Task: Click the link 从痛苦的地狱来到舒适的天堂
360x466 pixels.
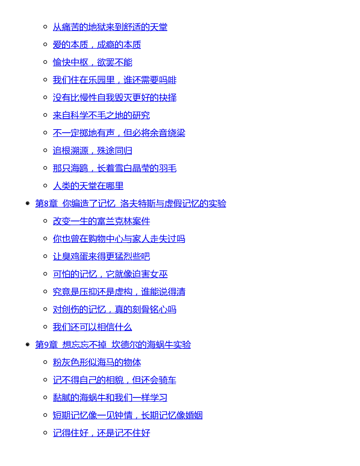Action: coord(110,27)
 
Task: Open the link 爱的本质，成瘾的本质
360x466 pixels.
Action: coord(97,44)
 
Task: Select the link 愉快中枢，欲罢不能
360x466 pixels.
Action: coord(92,62)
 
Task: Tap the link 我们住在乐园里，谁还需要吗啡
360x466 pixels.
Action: coord(114,80)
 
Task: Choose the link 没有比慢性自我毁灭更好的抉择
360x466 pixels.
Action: coord(114,97)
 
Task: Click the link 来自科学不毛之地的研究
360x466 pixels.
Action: coord(101,115)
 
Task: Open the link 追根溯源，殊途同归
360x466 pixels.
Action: coord(92,150)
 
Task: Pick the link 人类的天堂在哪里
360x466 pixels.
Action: coord(88,186)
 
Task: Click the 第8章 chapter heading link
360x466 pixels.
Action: coord(131,203)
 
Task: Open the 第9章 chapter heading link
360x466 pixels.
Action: coord(113,345)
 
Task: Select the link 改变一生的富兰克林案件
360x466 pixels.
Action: coord(101,221)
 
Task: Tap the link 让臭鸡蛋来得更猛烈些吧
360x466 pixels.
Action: coord(101,256)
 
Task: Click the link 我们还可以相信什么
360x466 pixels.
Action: coord(92,327)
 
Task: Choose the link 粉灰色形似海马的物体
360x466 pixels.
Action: coord(97,362)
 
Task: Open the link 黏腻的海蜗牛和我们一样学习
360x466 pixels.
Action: coord(110,398)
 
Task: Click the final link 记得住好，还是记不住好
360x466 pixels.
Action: coord(101,432)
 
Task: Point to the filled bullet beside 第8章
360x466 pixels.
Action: coord(28,203)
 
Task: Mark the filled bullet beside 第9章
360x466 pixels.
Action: coord(28,345)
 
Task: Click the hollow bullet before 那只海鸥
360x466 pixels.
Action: coord(45,168)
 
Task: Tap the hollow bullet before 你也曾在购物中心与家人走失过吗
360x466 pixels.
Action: coord(45,238)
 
